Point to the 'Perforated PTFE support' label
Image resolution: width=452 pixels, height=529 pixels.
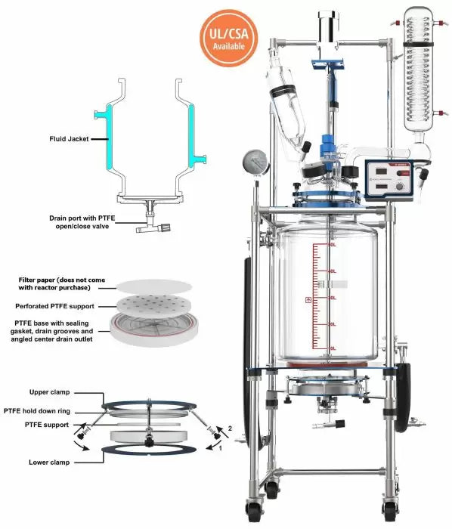(64, 307)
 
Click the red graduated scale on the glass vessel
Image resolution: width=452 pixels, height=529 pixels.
(330, 299)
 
